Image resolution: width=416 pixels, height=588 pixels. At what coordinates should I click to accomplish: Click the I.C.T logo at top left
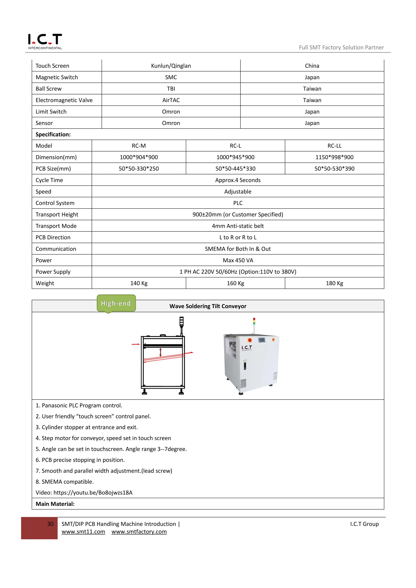(45, 41)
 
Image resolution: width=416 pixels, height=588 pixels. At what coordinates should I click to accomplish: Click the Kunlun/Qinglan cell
(171, 66)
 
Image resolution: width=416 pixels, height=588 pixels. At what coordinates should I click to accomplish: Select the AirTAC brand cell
(171, 100)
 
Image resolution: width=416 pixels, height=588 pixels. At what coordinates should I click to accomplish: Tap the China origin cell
(312, 66)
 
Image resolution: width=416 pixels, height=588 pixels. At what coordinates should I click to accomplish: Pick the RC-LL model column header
(334, 146)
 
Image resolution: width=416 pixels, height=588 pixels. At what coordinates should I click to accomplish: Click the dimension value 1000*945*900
(235, 157)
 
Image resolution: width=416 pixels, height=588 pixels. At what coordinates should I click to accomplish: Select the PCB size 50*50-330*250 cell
(139, 169)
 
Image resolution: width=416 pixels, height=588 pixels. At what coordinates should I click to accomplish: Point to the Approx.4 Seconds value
(237, 180)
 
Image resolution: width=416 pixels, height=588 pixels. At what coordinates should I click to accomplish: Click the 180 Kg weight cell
(334, 283)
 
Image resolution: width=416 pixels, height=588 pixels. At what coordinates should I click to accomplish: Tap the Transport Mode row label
(56, 226)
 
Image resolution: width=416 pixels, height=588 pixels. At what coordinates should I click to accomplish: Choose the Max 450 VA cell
(237, 260)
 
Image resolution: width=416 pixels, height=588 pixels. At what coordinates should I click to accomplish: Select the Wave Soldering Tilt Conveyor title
(208, 306)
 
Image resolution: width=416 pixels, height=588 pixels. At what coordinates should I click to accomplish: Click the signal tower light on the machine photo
(254, 322)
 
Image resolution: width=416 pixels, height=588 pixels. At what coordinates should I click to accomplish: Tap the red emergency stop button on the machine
(250, 340)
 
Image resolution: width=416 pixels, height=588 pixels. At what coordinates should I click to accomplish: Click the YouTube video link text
(93, 493)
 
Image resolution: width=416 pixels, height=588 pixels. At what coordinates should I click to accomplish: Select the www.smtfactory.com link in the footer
(139, 532)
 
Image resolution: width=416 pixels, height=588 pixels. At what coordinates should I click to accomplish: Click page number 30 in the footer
(50, 524)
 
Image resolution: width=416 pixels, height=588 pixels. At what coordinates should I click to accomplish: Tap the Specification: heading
(53, 134)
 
